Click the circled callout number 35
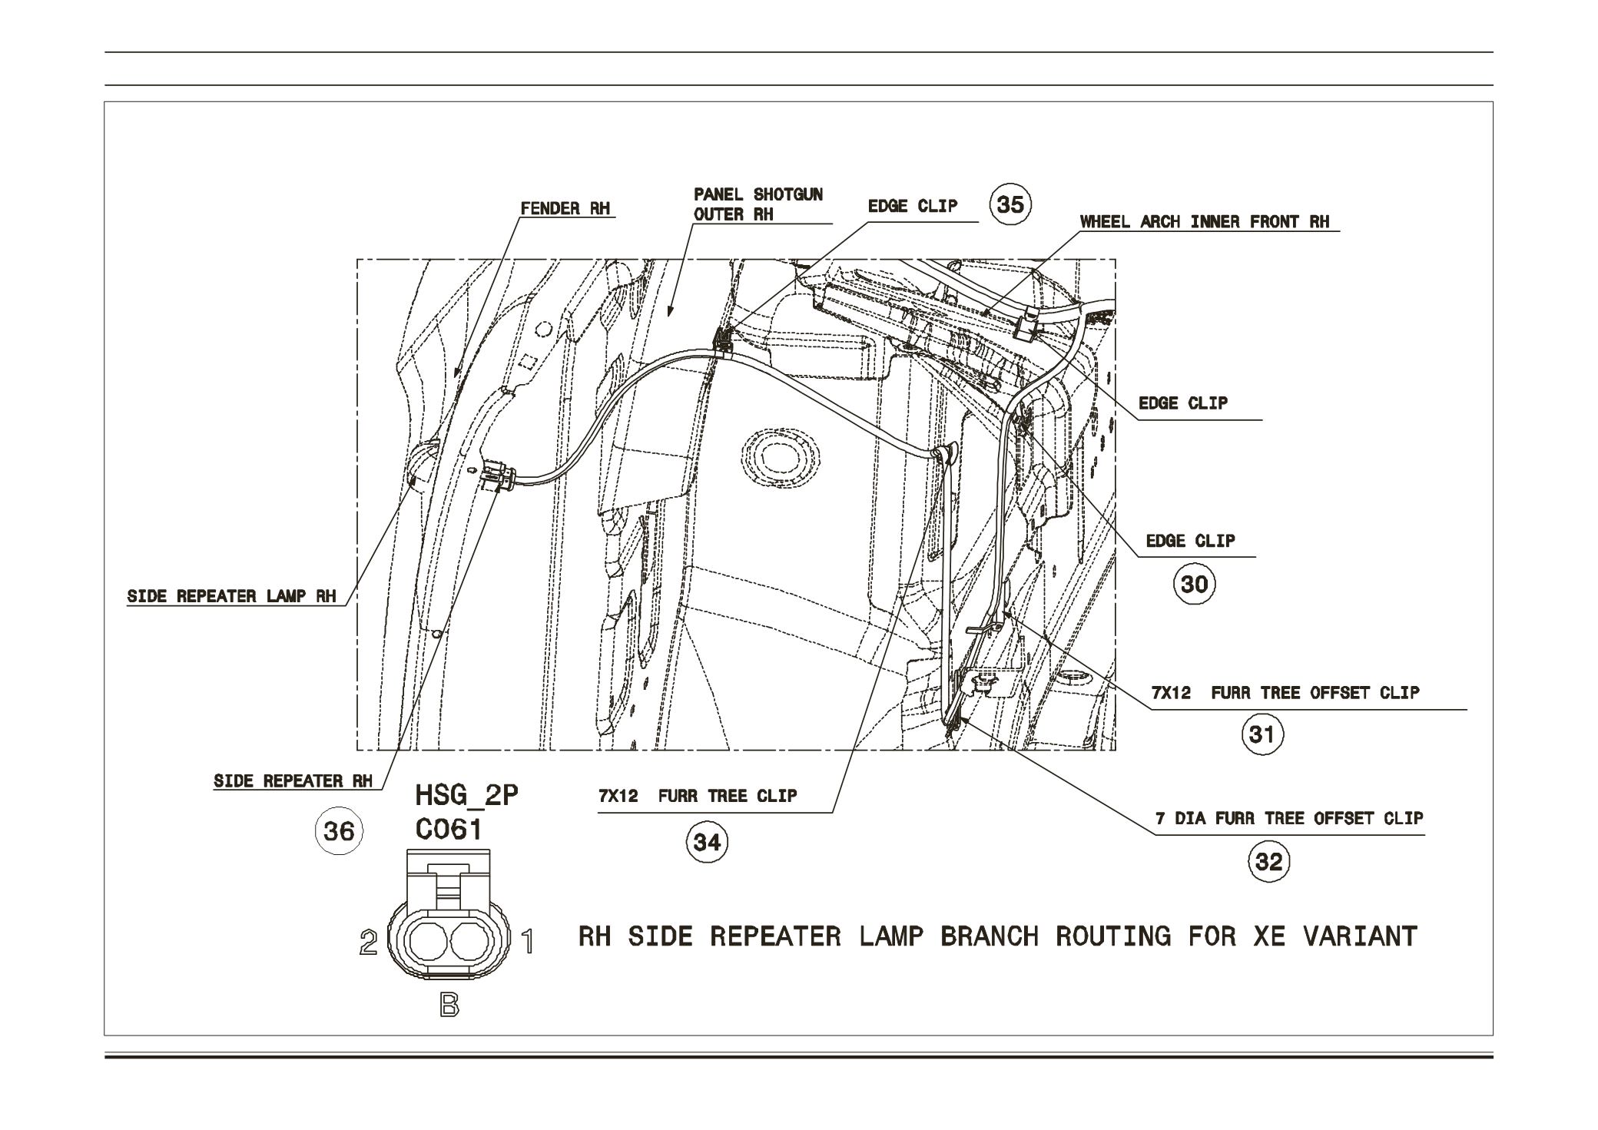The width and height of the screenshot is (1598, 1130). (1010, 205)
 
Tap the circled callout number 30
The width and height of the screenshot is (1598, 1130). (1194, 585)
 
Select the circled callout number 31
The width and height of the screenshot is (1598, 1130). (1262, 735)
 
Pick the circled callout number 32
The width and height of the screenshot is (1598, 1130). (1268, 862)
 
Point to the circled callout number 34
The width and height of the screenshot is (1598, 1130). (706, 843)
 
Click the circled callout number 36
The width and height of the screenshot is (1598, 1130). (338, 831)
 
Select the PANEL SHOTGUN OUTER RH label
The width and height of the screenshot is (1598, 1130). (758, 204)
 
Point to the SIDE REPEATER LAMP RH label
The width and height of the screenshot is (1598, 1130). (231, 597)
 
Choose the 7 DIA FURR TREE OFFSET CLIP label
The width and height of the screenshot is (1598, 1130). (1288, 819)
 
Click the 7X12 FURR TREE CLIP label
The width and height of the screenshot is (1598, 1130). (698, 796)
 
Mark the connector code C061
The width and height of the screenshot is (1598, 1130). (449, 830)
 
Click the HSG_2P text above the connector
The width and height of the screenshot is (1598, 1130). (466, 795)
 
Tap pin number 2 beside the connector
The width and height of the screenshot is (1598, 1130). (369, 943)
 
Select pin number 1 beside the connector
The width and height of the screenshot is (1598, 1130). (528, 942)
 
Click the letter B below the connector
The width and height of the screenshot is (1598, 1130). (449, 1006)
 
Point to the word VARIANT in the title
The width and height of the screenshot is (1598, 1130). (1360, 936)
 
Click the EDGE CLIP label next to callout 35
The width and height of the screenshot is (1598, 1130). (912, 206)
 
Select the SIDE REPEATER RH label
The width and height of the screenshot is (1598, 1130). (293, 781)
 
